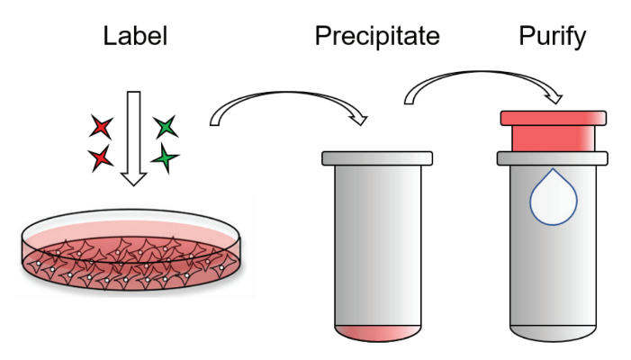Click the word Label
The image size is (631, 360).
(x=135, y=37)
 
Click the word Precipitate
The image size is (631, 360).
(x=376, y=37)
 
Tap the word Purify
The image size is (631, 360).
(x=553, y=37)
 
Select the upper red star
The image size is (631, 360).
(x=102, y=127)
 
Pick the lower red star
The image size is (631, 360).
(x=102, y=159)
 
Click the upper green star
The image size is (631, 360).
(x=166, y=127)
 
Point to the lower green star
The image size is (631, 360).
(x=164, y=160)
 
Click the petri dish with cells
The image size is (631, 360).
(x=134, y=252)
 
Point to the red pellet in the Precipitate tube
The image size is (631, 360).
(x=376, y=331)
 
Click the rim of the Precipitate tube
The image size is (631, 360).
(x=377, y=158)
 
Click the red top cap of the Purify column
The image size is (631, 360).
(x=553, y=118)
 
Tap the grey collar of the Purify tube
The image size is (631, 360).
(x=553, y=158)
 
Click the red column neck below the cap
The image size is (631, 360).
(x=553, y=138)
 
